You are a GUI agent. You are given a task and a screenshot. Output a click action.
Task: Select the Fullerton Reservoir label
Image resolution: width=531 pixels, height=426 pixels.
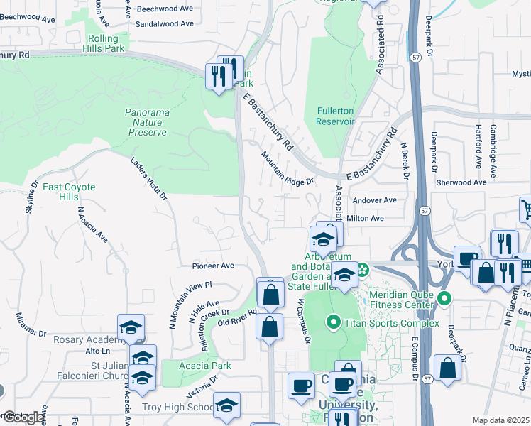(x=329, y=116)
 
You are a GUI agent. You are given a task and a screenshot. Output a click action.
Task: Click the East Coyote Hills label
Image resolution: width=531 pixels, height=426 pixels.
(x=69, y=192)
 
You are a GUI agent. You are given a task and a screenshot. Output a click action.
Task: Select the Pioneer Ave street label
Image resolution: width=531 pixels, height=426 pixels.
(x=212, y=266)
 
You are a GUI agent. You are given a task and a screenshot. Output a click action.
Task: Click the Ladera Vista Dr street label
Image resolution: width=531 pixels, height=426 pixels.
(x=148, y=178)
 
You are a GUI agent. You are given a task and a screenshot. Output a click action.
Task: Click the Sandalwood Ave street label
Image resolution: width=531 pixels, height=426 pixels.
(x=164, y=23)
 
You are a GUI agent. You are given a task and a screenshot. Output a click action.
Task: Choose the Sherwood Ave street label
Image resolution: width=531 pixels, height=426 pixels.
(x=461, y=182)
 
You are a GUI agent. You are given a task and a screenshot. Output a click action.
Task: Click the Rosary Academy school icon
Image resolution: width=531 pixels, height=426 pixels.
(x=131, y=327)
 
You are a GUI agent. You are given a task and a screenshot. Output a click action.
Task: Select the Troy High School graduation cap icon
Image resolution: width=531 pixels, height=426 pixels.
(x=226, y=406)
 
